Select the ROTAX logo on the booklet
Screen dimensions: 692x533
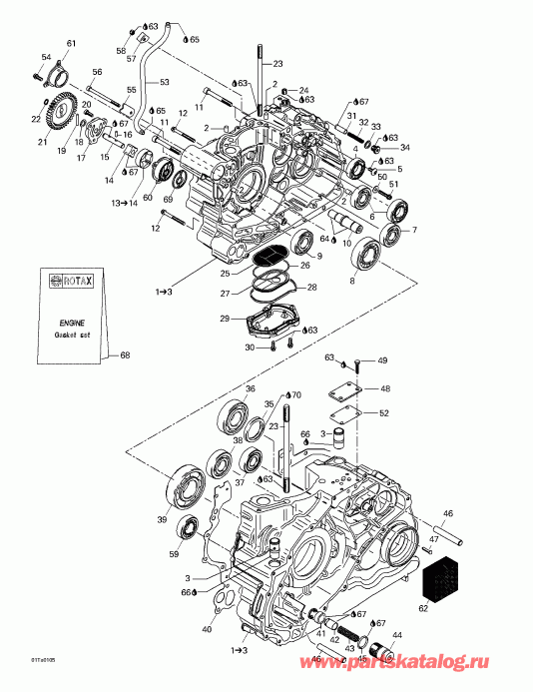coord(68,283)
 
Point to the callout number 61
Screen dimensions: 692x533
coord(70,43)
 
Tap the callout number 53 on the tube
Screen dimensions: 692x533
coord(165,82)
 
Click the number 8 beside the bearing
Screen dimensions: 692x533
coord(350,282)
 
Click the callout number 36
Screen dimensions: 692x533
coord(251,388)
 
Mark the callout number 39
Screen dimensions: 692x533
coord(162,520)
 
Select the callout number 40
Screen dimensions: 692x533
coord(207,629)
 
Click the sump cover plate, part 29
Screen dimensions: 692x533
coord(272,323)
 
